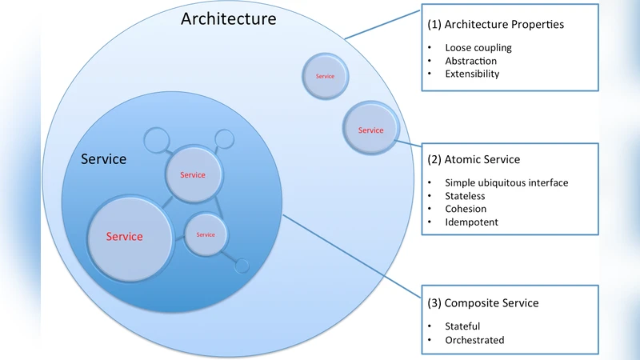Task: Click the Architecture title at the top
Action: tap(228, 18)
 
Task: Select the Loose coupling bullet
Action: tap(478, 47)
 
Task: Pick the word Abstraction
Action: tap(470, 61)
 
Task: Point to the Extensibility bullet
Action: tap(472, 74)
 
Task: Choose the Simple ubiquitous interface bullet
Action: tap(506, 183)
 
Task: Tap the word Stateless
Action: tap(465, 196)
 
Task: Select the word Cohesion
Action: tap(466, 209)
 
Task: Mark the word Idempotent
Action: tap(471, 222)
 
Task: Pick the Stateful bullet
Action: tap(462, 326)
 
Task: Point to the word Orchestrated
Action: tap(474, 340)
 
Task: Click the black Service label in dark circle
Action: tap(104, 159)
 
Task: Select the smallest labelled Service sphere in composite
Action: tap(206, 234)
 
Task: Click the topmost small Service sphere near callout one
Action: tap(325, 76)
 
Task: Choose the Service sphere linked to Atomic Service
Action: tap(370, 130)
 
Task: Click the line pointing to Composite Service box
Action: tap(352, 264)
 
